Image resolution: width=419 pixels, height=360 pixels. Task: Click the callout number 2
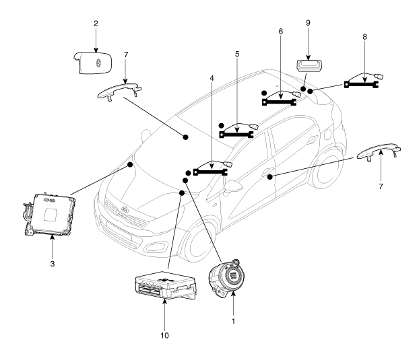[96, 24]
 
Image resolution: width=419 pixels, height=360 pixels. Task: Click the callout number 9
[307, 23]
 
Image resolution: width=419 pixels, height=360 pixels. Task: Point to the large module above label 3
[50, 213]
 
